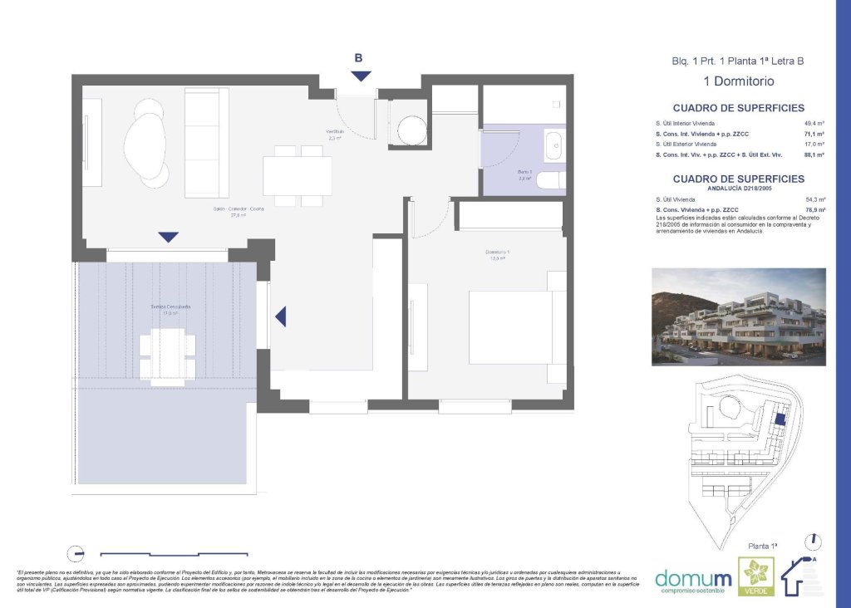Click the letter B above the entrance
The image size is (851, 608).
point(358,58)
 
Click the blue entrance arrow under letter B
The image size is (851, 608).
point(361,76)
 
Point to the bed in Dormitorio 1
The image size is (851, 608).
point(515,326)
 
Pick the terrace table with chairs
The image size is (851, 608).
point(168,355)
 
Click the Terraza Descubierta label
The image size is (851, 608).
point(170,307)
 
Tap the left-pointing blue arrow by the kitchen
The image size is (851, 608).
point(281,316)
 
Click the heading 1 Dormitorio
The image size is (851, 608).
point(738,81)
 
